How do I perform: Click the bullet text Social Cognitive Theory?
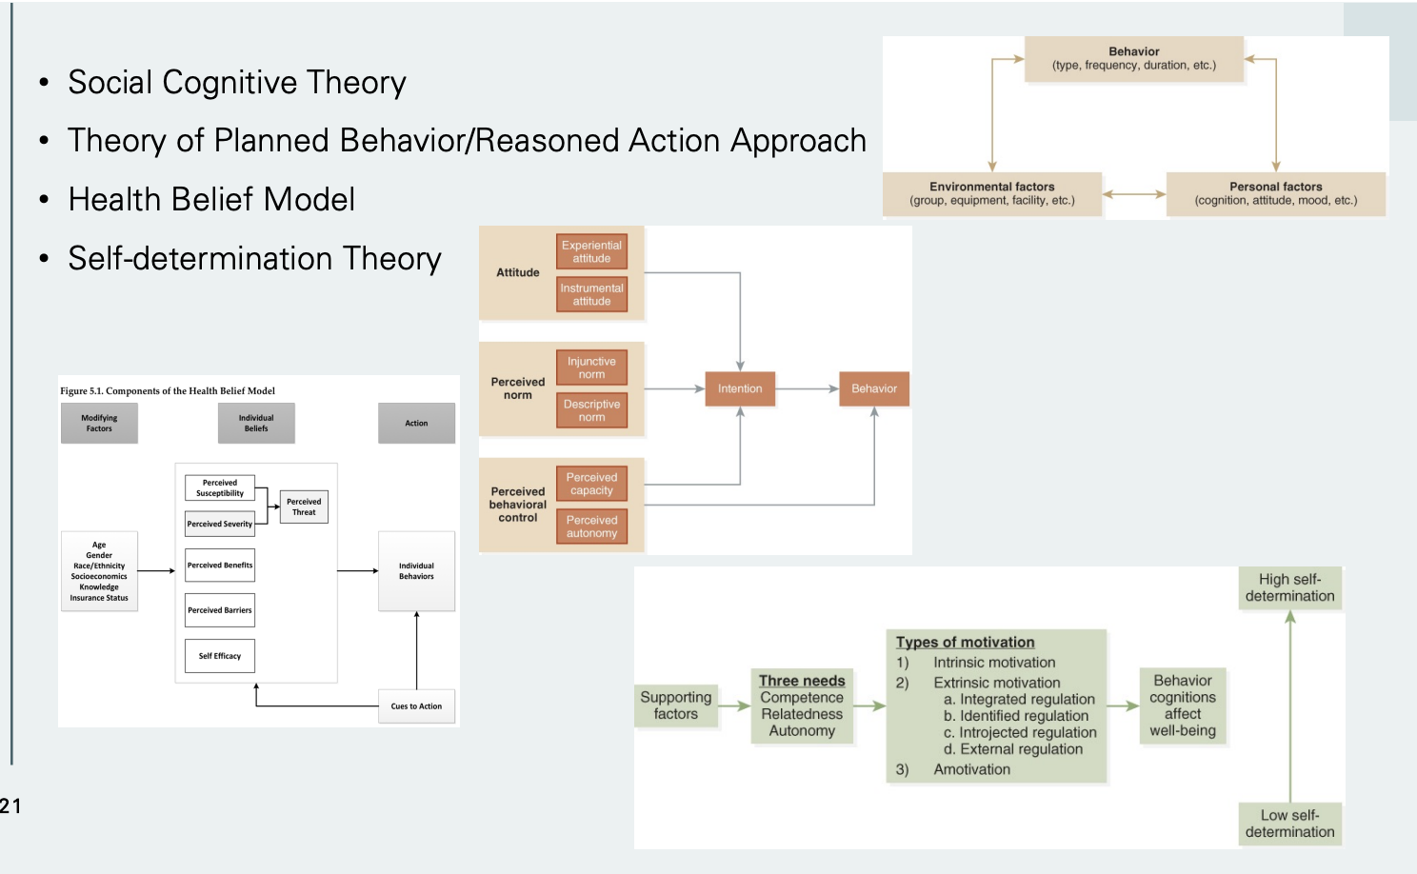(236, 83)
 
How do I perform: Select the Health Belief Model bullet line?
(211, 200)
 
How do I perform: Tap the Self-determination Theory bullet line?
(254, 259)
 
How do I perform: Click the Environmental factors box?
(991, 193)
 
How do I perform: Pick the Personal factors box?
(1275, 193)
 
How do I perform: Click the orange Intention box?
(740, 388)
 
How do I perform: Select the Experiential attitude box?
(591, 251)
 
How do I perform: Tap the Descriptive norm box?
(591, 410)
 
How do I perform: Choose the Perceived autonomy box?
(591, 526)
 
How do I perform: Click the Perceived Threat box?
(304, 507)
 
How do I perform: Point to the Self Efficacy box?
(220, 656)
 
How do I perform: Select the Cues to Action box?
(416, 706)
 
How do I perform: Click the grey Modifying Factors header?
(99, 423)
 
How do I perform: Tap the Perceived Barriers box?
(220, 610)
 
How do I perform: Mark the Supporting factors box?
(676, 705)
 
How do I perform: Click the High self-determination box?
(1289, 587)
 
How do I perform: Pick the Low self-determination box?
(1289, 824)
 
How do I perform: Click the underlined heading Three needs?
(802, 681)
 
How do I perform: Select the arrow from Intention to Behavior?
(807, 388)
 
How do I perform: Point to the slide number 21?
(10, 806)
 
